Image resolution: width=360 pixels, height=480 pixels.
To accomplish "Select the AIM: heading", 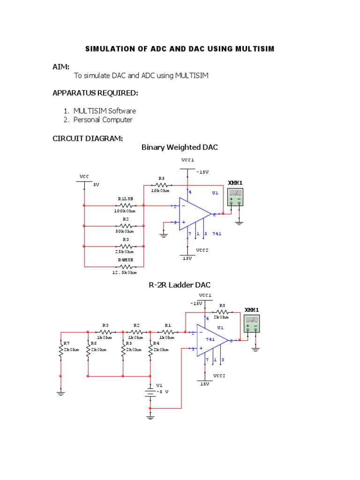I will tap(61, 67).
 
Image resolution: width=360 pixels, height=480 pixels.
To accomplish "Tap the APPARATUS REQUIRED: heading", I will tap(95, 93).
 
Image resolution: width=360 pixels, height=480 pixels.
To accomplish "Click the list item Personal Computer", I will tap(103, 120).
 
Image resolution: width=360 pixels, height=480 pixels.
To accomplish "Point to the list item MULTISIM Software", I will tap(105, 111).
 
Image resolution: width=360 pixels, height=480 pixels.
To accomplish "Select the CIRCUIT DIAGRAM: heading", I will tap(88, 138).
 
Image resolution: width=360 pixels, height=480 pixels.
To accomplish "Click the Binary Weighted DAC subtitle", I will tap(180, 148).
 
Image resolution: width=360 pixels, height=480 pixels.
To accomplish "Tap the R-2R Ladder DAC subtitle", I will tap(180, 285).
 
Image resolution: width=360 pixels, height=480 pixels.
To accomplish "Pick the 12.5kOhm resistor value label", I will tap(125, 272).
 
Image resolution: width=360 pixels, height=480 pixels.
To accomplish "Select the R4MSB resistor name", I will tap(125, 260).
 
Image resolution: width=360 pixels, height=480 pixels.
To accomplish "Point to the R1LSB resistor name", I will tap(125, 199).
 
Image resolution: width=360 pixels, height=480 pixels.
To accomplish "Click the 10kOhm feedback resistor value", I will tap(161, 191).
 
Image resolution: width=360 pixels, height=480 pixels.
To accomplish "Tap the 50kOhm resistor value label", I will tap(125, 231).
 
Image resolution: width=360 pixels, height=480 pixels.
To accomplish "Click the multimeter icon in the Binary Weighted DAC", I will tap(235, 196).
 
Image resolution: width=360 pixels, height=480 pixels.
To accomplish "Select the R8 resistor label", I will tap(222, 305).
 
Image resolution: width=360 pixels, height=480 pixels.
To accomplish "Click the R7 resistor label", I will tap(67, 343).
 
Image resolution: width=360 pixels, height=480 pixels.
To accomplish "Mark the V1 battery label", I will tap(159, 385).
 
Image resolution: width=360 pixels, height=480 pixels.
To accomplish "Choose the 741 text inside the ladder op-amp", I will tap(210, 339).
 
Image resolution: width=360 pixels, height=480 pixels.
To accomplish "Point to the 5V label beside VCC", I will tap(96, 185).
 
